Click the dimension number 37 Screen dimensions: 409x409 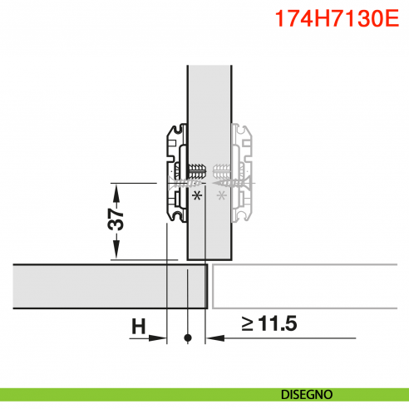click(x=117, y=219)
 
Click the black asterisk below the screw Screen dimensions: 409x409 click(x=197, y=196)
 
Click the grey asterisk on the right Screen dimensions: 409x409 click(x=221, y=196)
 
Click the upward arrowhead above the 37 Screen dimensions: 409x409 click(x=118, y=189)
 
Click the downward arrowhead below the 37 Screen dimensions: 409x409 click(x=118, y=253)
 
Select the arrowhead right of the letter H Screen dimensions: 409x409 click(x=161, y=338)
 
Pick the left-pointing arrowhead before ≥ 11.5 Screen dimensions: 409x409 click(x=213, y=338)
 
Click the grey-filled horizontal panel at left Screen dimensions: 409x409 click(x=100, y=287)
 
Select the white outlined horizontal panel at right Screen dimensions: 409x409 click(x=308, y=287)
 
